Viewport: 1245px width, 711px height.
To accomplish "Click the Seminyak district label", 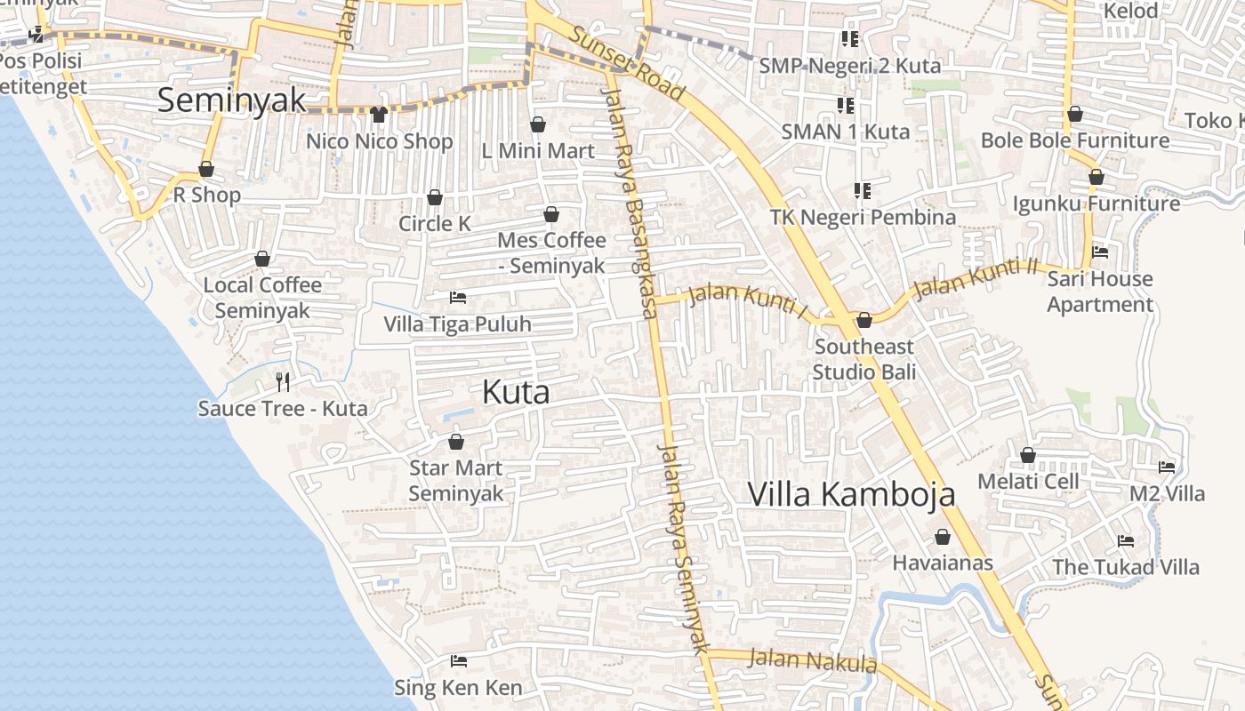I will click(x=231, y=100).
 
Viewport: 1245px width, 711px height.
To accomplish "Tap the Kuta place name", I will click(x=516, y=392).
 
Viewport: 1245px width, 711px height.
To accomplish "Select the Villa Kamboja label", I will click(x=851, y=494).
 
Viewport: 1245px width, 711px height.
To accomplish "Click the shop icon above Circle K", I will click(x=435, y=197).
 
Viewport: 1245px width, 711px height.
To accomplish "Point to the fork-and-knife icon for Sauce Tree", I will click(x=283, y=382).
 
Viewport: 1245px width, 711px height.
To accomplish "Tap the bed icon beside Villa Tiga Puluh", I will click(x=458, y=298).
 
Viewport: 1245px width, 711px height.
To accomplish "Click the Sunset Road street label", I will click(x=627, y=62).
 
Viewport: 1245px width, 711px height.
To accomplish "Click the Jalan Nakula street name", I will click(x=812, y=661).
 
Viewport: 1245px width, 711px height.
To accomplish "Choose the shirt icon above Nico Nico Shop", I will click(x=379, y=115).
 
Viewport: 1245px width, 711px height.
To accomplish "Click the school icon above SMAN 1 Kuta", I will click(x=846, y=106).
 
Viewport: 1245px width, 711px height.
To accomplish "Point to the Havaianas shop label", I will click(x=943, y=563).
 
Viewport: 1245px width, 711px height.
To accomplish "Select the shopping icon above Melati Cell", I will click(x=1028, y=455).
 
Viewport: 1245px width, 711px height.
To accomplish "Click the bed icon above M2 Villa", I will click(x=1167, y=467).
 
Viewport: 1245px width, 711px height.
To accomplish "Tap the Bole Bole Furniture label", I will click(x=1074, y=140).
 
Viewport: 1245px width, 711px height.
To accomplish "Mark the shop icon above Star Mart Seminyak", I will click(x=456, y=442).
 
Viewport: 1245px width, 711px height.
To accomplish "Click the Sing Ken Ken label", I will click(x=458, y=687).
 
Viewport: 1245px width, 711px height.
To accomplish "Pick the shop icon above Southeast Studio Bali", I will click(x=863, y=320).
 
